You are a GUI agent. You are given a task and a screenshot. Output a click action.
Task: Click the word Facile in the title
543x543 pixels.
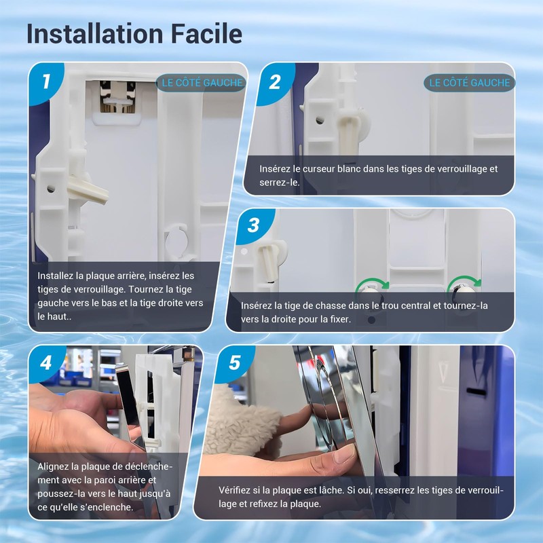pyautogui.click(x=206, y=33)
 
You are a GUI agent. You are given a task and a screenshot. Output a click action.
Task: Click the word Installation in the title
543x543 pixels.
pyautogui.click(x=95, y=33)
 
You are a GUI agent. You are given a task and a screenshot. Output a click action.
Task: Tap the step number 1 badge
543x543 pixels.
pyautogui.click(x=46, y=81)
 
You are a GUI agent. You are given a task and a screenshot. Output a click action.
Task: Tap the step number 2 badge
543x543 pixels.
pyautogui.click(x=275, y=82)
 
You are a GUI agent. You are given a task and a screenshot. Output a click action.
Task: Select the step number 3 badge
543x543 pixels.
pyautogui.click(x=253, y=225)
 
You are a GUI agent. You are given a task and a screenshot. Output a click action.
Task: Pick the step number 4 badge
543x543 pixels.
pyautogui.click(x=46, y=363)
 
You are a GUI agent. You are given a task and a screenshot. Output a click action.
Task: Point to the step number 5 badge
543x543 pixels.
pyautogui.click(x=234, y=362)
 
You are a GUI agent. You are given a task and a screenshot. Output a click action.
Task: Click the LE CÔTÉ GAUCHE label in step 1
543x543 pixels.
pyautogui.click(x=202, y=83)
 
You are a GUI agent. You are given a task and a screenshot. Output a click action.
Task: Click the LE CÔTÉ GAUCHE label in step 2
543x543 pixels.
pyautogui.click(x=470, y=83)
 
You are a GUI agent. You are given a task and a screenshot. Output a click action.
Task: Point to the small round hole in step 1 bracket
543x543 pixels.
pyautogui.click(x=51, y=189)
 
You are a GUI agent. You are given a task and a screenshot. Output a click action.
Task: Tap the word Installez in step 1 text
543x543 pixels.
pyautogui.click(x=55, y=276)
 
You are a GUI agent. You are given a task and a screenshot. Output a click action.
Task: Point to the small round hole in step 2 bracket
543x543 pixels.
pyautogui.click(x=320, y=121)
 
